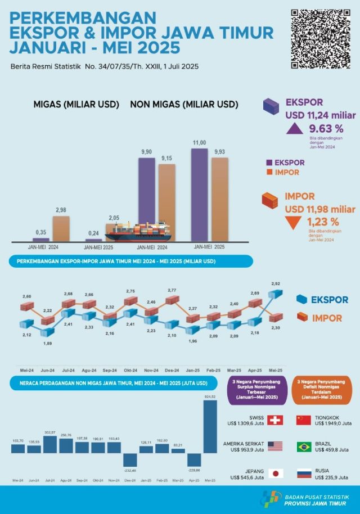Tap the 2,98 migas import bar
pos(61,228)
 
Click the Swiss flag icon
pos(275,420)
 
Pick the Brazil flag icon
pos(304,447)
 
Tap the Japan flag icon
pos(275,473)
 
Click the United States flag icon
pos(275,447)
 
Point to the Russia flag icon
pos(304,473)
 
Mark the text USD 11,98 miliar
pos(320,209)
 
